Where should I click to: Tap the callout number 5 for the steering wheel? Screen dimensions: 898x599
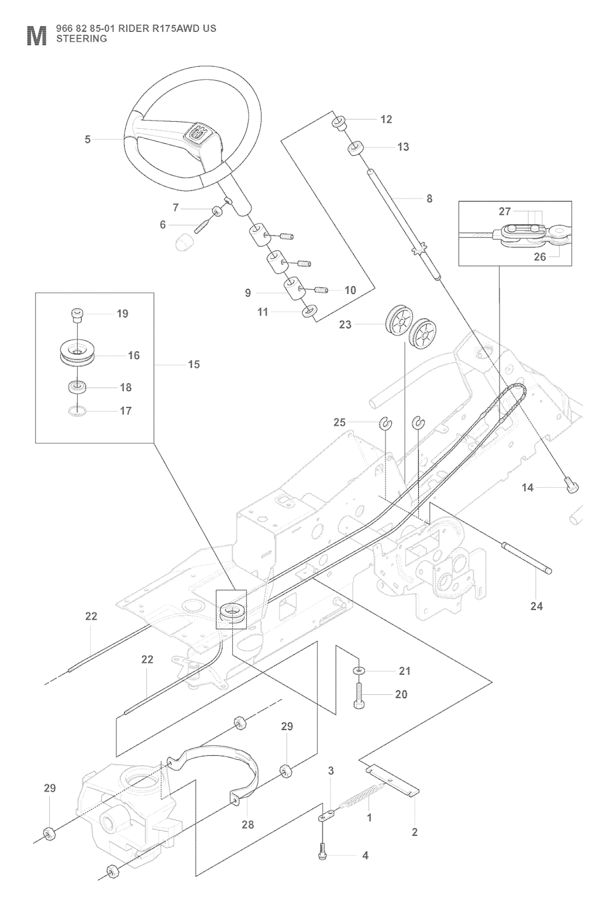pyautogui.click(x=88, y=139)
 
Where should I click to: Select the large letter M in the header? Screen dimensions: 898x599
pyautogui.click(x=36, y=36)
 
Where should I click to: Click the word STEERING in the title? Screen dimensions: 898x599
pyautogui.click(x=81, y=39)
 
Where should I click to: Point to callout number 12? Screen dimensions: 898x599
pyautogui.click(x=386, y=119)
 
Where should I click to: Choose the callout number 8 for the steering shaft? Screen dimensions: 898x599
pyautogui.click(x=429, y=199)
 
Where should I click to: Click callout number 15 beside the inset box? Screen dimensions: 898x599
pyautogui.click(x=194, y=364)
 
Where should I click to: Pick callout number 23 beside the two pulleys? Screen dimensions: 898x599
pyautogui.click(x=345, y=324)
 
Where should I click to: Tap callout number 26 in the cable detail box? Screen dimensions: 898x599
pyautogui.click(x=539, y=256)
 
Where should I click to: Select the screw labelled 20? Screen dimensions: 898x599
pyautogui.click(x=359, y=695)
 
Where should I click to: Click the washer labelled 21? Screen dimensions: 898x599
pyautogui.click(x=358, y=670)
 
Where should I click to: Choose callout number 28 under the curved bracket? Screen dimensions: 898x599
pyautogui.click(x=247, y=824)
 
